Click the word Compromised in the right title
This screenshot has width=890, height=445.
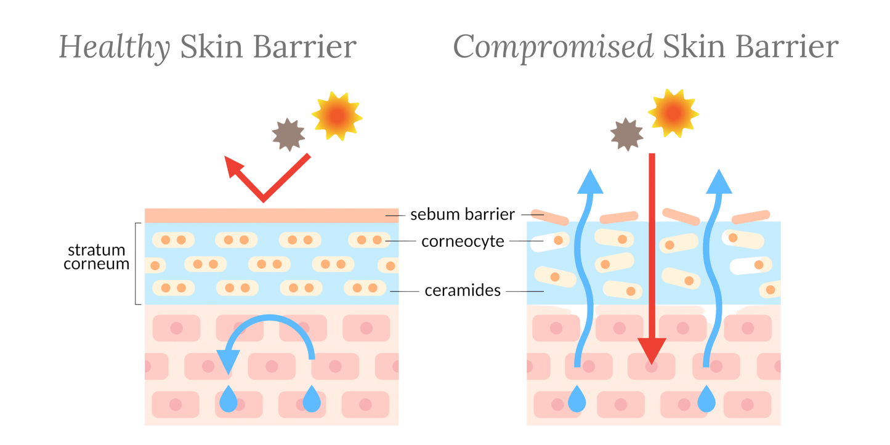552,48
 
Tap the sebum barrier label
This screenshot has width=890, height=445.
462,214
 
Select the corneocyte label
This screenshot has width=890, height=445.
463,241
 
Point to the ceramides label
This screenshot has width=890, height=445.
463,291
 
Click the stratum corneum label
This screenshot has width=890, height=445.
97,257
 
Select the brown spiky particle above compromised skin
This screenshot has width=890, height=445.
626,134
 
